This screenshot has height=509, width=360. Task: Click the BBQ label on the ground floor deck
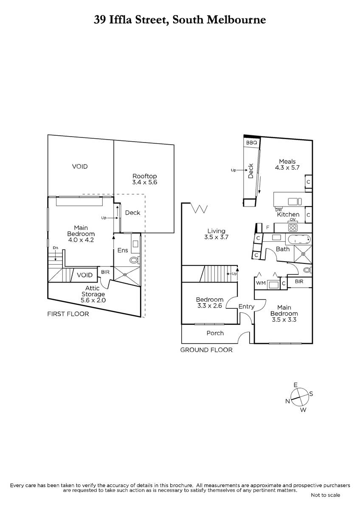(251, 143)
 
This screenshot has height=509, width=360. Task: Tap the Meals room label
(287, 165)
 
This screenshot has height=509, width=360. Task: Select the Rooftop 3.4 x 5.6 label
(145, 179)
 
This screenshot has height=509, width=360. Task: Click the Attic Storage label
(93, 294)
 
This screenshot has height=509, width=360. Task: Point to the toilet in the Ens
(134, 260)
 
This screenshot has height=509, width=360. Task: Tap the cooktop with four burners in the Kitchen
(293, 227)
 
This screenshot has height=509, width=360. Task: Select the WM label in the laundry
(261, 283)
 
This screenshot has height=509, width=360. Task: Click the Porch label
(215, 333)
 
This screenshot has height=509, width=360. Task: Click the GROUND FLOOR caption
(206, 350)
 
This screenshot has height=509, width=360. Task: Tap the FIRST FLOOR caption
(68, 314)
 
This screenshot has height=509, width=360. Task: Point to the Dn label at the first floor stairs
(55, 247)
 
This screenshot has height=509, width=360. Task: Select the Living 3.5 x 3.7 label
(216, 234)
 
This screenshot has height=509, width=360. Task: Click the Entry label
(246, 307)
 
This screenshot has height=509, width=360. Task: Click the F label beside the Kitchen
(268, 227)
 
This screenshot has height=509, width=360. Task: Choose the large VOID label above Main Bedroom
(80, 167)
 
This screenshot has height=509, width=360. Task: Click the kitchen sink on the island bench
(295, 201)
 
